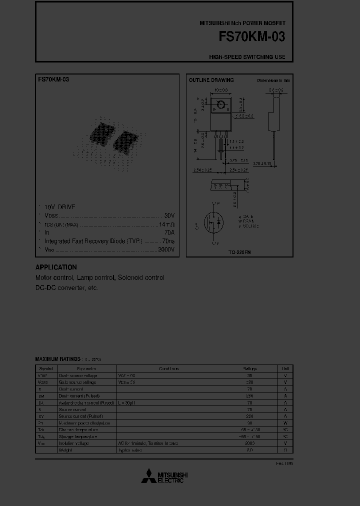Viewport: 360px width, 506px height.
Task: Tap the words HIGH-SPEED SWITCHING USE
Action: [247, 57]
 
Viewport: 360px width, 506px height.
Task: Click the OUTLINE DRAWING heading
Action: [211, 80]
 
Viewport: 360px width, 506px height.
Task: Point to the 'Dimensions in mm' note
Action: [273, 80]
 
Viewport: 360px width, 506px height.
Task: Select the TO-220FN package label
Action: [239, 252]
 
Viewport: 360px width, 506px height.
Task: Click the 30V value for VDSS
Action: [169, 215]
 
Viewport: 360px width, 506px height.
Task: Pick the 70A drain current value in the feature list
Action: [169, 232]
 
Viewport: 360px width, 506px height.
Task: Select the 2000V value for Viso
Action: [166, 249]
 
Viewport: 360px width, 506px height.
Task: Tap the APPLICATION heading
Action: [56, 267]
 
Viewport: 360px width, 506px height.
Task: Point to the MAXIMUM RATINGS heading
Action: [57, 359]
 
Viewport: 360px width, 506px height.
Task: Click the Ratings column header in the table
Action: [249, 368]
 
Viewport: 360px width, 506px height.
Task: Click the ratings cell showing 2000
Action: [249, 443]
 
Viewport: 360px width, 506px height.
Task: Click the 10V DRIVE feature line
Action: [60, 206]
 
